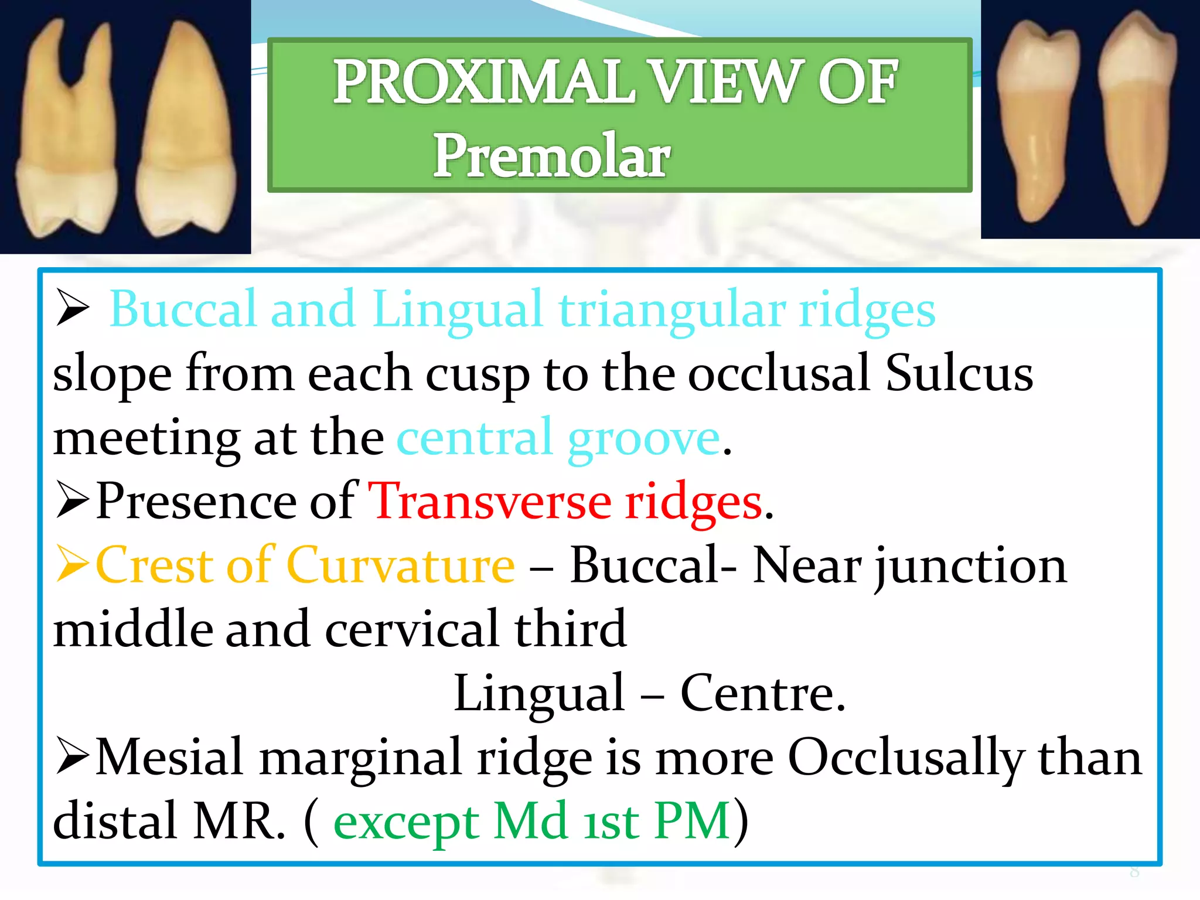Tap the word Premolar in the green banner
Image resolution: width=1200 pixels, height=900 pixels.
[x=551, y=155]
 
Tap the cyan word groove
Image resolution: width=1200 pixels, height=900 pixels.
[x=643, y=438]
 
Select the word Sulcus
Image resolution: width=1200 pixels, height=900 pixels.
[x=959, y=373]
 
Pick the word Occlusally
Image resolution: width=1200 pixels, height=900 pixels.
[x=906, y=757]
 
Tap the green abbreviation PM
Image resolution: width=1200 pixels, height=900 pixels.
[x=692, y=820]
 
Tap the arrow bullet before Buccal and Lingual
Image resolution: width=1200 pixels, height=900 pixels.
[x=73, y=308]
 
